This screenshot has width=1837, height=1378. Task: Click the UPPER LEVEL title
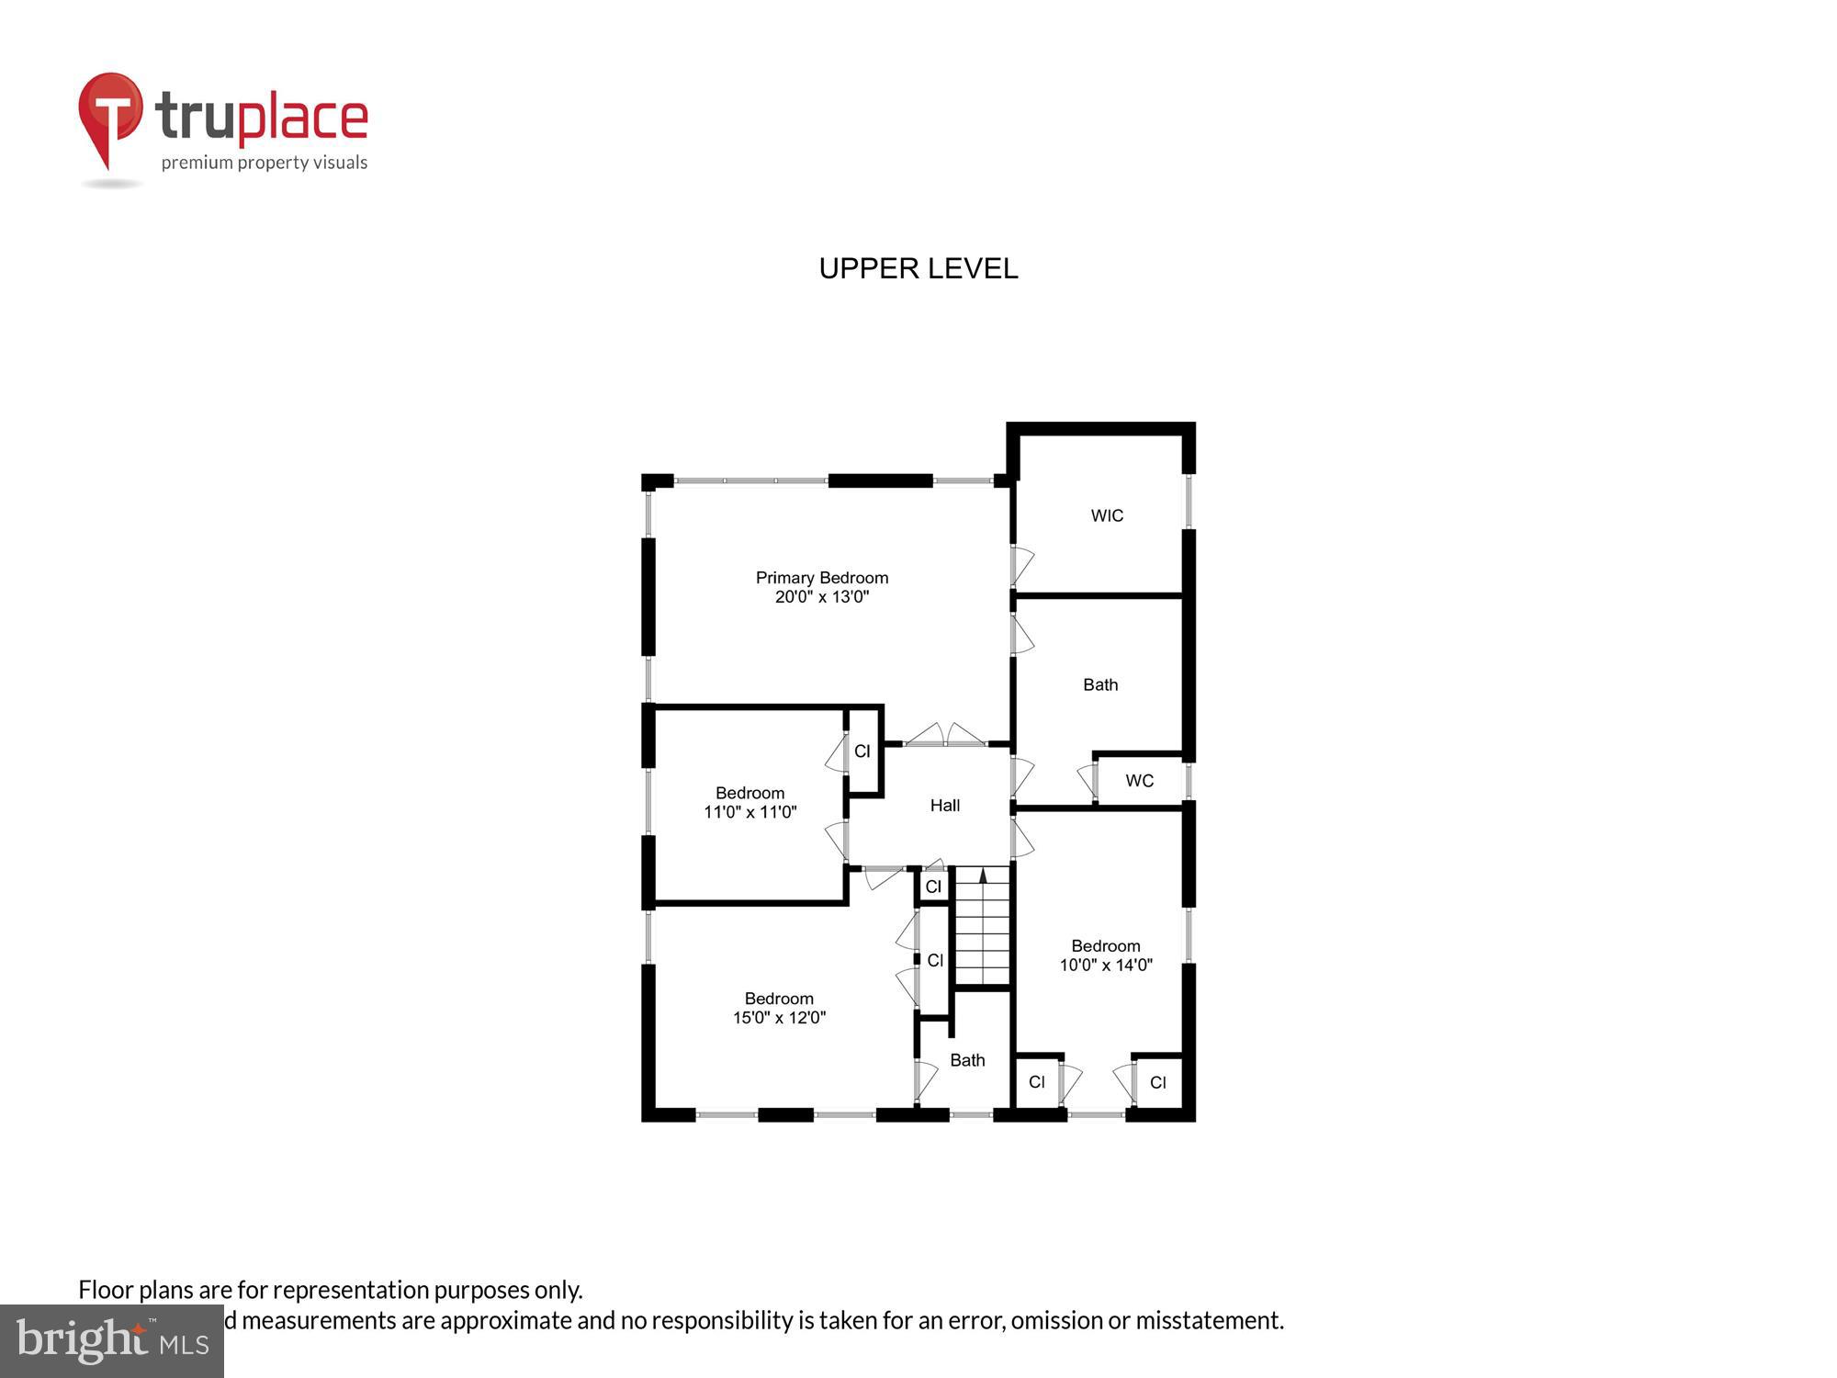point(918,268)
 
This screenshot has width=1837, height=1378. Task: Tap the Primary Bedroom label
point(821,578)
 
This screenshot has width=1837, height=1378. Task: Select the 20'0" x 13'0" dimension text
point(821,597)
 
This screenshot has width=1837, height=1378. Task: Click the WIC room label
point(1107,515)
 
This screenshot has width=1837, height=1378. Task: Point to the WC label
point(1139,781)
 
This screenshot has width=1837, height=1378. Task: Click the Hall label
point(944,806)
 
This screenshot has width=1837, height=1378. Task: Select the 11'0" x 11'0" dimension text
point(749,812)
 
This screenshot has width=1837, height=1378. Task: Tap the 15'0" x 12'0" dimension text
point(779,1018)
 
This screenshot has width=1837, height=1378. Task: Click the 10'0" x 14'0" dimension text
point(1106,966)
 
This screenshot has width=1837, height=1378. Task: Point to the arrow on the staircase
point(983,875)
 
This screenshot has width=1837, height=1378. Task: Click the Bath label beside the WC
point(1100,684)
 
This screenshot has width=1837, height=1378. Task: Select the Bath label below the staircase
point(967,1060)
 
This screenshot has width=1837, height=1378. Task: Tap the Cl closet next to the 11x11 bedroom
point(862,751)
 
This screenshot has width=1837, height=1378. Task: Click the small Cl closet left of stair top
point(933,887)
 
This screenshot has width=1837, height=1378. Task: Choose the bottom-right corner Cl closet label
point(1157,1082)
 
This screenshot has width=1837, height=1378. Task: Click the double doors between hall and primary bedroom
point(945,736)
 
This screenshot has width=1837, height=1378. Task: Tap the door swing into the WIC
point(1022,566)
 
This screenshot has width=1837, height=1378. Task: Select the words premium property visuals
point(265,164)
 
